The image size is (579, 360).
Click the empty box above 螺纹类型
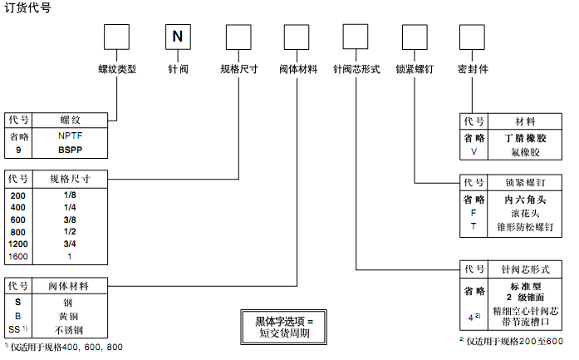click(x=116, y=37)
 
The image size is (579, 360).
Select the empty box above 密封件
click(x=472, y=37)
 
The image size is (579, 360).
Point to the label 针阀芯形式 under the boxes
click(x=356, y=70)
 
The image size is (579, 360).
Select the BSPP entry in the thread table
click(x=71, y=150)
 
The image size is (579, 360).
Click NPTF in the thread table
click(x=71, y=136)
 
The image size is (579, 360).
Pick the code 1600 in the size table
click(x=18, y=257)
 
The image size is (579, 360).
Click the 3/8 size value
click(x=70, y=219)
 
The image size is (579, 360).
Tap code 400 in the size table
click(x=18, y=207)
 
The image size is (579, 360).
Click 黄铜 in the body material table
click(x=70, y=316)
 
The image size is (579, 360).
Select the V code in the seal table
click(x=474, y=152)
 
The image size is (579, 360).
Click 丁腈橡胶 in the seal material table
click(x=525, y=138)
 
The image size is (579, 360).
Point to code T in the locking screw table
click(x=474, y=225)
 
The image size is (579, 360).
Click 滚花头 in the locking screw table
click(x=525, y=213)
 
